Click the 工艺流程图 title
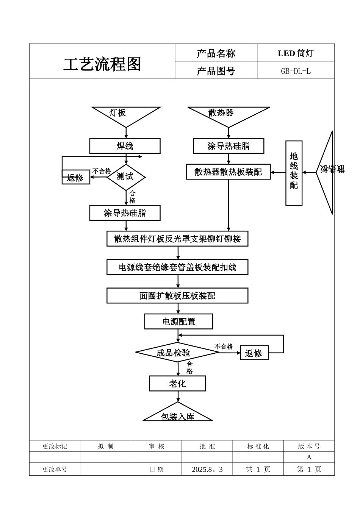pyautogui.click(x=102, y=64)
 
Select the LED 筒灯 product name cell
pyautogui.click(x=296, y=53)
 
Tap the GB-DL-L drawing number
pyautogui.click(x=296, y=71)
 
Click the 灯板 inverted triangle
pyautogui.click(x=125, y=114)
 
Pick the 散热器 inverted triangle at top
pyautogui.click(x=228, y=114)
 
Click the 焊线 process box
pyautogui.click(x=125, y=146)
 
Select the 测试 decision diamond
pyautogui.click(x=126, y=177)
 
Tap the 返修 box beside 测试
pyautogui.click(x=76, y=177)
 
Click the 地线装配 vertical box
pyautogui.click(x=294, y=173)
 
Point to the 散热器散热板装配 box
pyautogui.click(x=228, y=172)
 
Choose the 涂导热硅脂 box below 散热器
pyautogui.click(x=229, y=146)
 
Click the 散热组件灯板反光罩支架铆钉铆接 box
pyautogui.click(x=177, y=239)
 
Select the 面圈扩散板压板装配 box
pyautogui.click(x=177, y=296)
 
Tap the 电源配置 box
pyautogui.click(x=178, y=322)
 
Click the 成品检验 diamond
pyautogui.click(x=177, y=353)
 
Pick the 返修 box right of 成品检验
pyautogui.click(x=254, y=353)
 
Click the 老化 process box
pyautogui.click(x=177, y=384)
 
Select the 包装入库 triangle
pyautogui.click(x=177, y=414)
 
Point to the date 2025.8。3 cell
pyautogui.click(x=207, y=469)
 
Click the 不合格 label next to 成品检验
pyautogui.click(x=223, y=347)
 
